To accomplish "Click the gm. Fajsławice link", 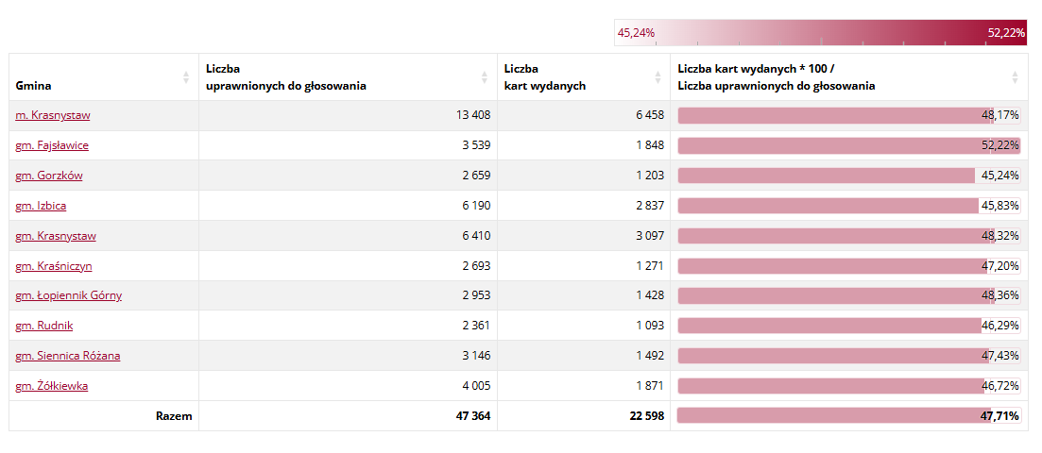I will [x=52, y=145].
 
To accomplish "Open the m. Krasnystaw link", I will [x=53, y=115].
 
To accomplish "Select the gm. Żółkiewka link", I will [x=52, y=386].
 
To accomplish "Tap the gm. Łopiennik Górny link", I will [x=68, y=295].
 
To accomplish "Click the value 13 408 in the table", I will [x=472, y=115].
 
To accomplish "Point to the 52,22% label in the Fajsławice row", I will [x=1001, y=145].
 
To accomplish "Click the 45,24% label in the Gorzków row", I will [x=1000, y=176].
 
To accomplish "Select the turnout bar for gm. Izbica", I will [x=828, y=206].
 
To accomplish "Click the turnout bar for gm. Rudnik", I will [x=828, y=326].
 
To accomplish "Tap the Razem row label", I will [x=174, y=416].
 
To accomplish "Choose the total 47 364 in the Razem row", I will [x=470, y=416].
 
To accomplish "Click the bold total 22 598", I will [x=646, y=416].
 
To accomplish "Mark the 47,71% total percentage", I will [x=1000, y=416].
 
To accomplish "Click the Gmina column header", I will [x=33, y=86].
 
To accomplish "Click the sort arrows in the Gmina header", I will [x=186, y=77].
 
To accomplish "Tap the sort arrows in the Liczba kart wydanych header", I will [x=658, y=77].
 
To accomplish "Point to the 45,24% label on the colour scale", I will [x=636, y=33].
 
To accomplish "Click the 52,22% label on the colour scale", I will [x=1006, y=33].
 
